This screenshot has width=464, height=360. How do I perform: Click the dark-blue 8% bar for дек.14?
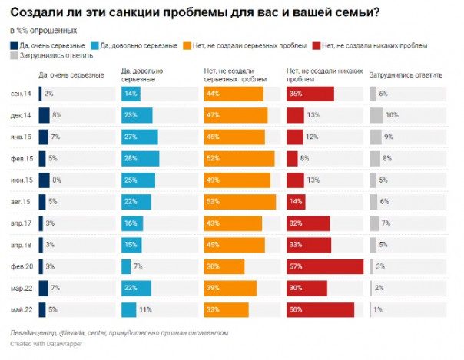44,115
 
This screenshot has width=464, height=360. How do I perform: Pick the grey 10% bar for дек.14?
376,115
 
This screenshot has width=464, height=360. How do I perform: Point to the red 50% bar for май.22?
320,309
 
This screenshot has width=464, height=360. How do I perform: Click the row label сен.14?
22,94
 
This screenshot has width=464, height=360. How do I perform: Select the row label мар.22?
22,288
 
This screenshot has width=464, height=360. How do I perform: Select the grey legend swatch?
14,56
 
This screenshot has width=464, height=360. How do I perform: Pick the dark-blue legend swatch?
14,46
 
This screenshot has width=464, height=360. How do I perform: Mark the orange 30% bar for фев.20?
224,266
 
